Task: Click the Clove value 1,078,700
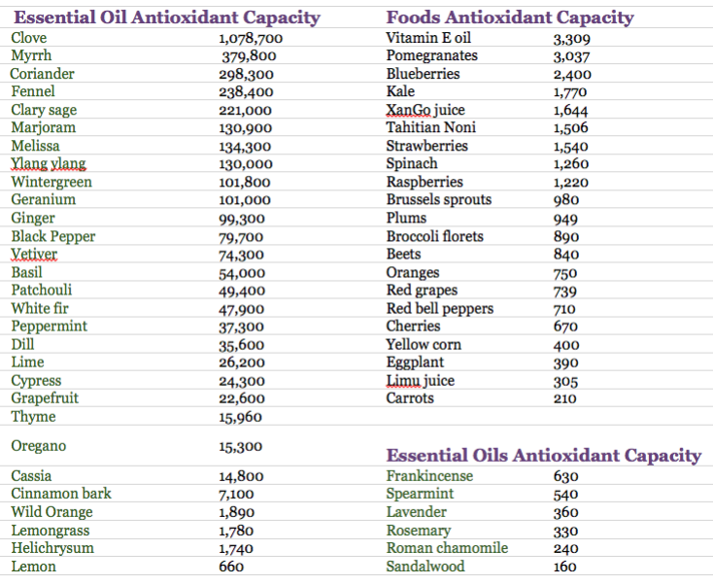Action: click(251, 39)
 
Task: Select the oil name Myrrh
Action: click(32, 56)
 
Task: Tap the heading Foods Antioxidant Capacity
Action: click(510, 17)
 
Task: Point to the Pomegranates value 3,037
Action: click(571, 57)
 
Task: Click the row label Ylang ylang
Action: click(49, 163)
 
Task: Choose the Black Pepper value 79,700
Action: click(241, 237)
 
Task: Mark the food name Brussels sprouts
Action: click(439, 200)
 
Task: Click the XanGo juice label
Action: click(425, 110)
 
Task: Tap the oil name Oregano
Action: click(39, 446)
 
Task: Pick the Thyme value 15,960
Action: click(241, 418)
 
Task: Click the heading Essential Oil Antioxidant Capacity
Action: click(166, 17)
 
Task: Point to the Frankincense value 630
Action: click(566, 476)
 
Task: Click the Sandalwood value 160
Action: click(566, 567)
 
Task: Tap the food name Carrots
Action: click(410, 398)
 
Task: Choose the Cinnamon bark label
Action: click(61, 494)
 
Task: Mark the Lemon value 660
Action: click(231, 567)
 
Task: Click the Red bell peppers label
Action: click(440, 309)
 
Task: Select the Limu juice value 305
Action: click(565, 382)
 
